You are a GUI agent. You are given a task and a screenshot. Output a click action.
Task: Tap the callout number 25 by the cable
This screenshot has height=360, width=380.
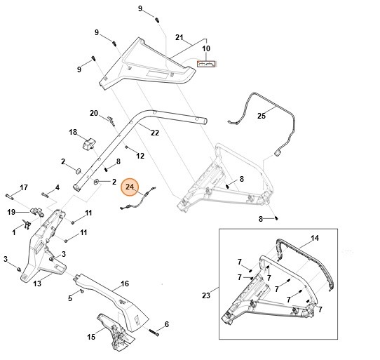[x=262, y=115]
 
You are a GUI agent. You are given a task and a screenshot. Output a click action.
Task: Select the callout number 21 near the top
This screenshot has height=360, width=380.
[x=179, y=36]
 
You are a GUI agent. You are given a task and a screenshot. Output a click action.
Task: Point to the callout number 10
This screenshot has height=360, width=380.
[x=206, y=49]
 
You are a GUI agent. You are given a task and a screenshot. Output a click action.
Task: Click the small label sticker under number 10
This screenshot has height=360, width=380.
[x=208, y=63]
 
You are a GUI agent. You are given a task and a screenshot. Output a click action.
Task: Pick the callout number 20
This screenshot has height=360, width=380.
[x=94, y=113]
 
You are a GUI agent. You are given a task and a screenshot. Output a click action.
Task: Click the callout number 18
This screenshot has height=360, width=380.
[x=72, y=132]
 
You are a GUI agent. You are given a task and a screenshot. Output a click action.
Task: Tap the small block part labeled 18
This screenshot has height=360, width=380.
[x=88, y=144]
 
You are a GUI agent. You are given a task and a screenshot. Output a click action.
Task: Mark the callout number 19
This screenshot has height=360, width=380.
[x=11, y=212]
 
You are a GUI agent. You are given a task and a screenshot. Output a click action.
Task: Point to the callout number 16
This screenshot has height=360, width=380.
[x=125, y=284]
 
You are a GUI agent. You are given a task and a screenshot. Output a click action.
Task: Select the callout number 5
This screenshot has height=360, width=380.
[x=70, y=299]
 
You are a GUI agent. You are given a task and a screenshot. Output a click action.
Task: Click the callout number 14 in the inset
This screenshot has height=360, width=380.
[x=315, y=239]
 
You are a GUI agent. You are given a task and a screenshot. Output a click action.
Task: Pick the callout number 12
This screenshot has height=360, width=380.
[x=140, y=156]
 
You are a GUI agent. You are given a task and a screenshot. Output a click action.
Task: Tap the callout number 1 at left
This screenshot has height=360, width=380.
[x=15, y=229]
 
